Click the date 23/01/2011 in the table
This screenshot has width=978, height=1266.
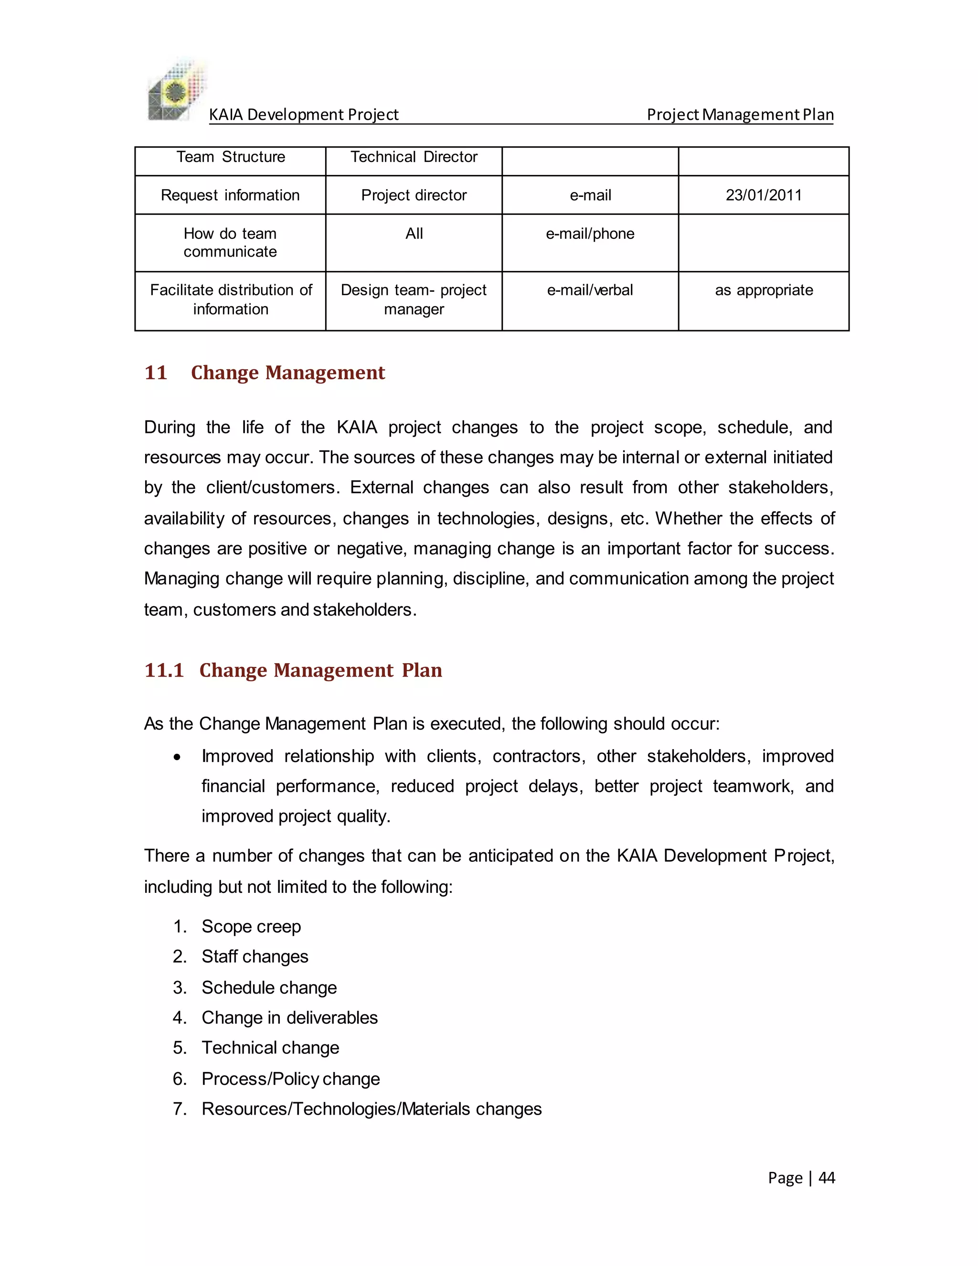763,195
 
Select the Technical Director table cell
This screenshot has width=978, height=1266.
414,157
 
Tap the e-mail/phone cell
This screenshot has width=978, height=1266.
590,234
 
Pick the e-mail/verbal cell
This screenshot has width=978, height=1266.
590,290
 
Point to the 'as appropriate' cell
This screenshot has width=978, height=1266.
764,290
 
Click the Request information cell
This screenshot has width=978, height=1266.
230,195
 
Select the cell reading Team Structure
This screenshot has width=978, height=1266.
231,157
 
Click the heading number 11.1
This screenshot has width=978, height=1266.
164,670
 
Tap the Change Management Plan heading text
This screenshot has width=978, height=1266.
320,670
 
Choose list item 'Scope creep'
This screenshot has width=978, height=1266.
251,926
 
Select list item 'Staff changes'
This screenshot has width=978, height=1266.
255,956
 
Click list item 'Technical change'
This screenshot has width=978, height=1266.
270,1048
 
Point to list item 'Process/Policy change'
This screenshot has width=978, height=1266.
290,1079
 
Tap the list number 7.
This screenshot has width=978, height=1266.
179,1109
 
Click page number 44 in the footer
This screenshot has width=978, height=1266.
827,1178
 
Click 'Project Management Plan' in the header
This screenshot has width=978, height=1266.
740,115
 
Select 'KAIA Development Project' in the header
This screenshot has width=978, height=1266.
304,115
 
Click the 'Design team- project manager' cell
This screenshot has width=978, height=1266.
414,300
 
